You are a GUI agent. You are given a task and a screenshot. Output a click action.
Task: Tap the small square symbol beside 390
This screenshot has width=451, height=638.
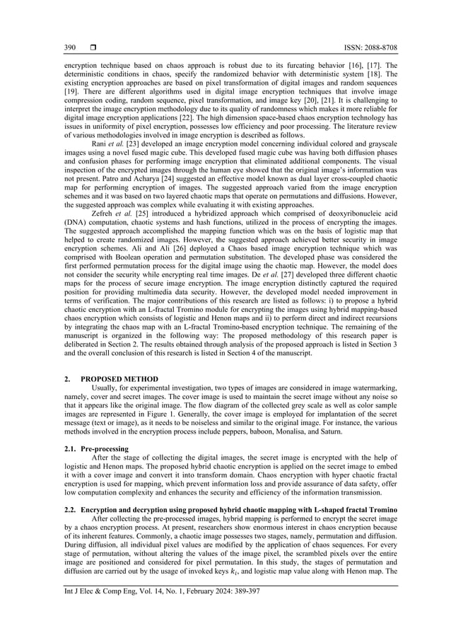coord(92,47)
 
